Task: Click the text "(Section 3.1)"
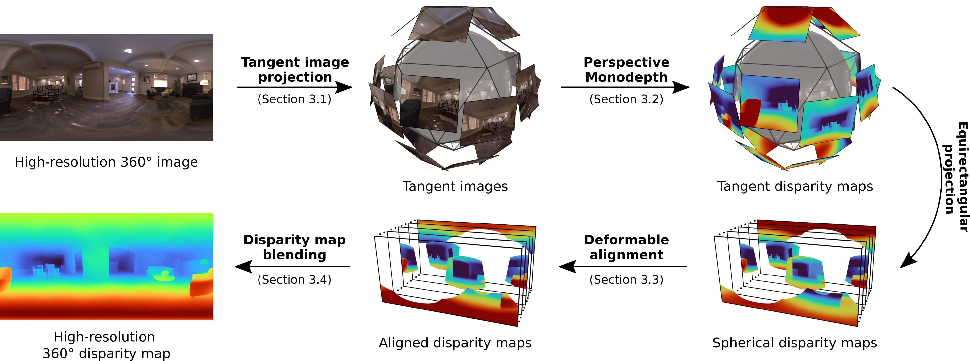tap(294, 99)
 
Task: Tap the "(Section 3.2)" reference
tap(626, 99)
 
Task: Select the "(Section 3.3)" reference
tap(626, 280)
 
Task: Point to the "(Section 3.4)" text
tap(294, 280)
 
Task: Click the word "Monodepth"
tap(626, 77)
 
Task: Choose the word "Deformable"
tap(626, 240)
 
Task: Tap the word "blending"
tap(294, 255)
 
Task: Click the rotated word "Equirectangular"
tap(962, 177)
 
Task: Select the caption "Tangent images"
tap(455, 186)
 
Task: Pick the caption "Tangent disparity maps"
tap(794, 186)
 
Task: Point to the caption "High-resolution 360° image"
tap(106, 162)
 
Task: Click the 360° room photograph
tap(107, 87)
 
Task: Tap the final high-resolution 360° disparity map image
tap(107, 266)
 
